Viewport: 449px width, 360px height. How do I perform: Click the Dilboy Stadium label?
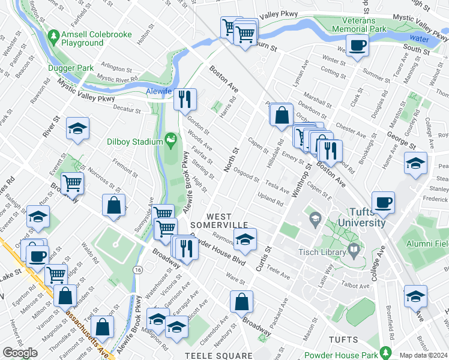(x=134, y=142)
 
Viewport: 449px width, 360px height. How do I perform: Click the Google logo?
(x=20, y=352)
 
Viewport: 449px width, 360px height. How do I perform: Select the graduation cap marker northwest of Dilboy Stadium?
(x=77, y=130)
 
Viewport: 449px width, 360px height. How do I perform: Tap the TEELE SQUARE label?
(x=210, y=355)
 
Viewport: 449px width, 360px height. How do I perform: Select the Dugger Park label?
(x=71, y=68)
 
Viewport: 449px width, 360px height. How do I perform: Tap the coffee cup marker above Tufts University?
(x=384, y=202)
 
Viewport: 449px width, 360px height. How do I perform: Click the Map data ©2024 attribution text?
(x=424, y=355)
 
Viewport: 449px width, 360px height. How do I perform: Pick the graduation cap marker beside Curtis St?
(x=245, y=240)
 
